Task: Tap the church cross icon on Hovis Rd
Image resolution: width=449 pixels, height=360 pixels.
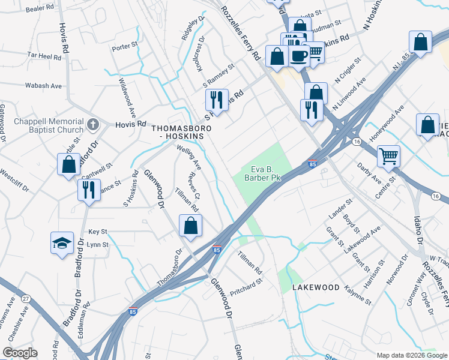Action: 92,124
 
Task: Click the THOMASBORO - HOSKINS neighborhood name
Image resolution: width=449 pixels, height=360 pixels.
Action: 178,133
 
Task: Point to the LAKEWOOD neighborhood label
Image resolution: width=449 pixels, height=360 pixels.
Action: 316,288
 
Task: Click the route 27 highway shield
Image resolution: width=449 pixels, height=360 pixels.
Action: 25,299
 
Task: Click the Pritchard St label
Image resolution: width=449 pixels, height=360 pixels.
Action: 247,281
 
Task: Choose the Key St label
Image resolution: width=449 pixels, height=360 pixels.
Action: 97,231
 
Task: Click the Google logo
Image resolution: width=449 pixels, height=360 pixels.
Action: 20,353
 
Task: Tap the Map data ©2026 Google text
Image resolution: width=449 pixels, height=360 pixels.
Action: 411,355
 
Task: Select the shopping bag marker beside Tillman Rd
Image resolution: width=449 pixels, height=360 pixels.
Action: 190,226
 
